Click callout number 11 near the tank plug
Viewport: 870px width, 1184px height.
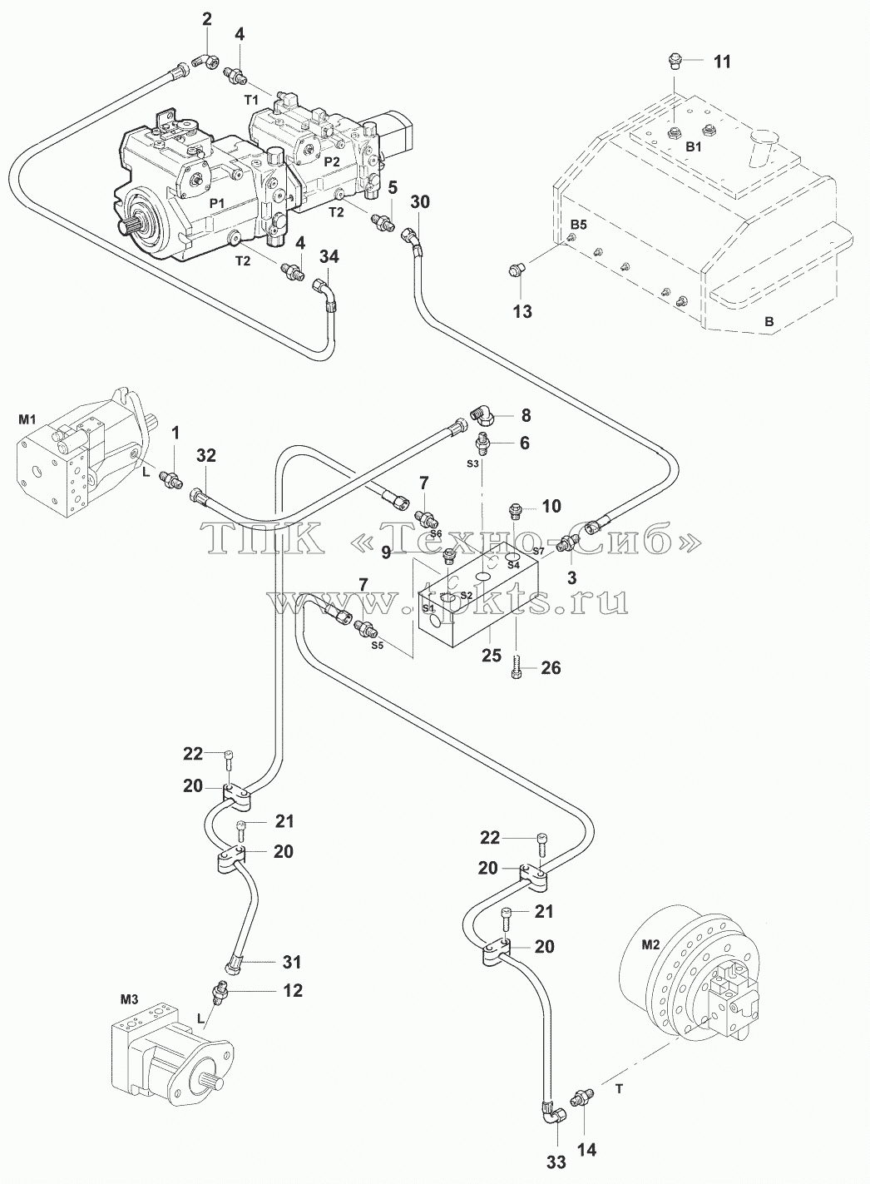pyautogui.click(x=722, y=62)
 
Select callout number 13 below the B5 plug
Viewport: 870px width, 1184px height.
pyautogui.click(x=522, y=311)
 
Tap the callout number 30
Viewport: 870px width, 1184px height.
pyautogui.click(x=420, y=202)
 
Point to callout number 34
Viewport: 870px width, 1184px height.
pyautogui.click(x=329, y=257)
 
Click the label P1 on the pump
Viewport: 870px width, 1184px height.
pyautogui.click(x=217, y=201)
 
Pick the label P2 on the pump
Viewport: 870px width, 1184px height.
pyautogui.click(x=332, y=161)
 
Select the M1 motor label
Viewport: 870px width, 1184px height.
pyautogui.click(x=27, y=419)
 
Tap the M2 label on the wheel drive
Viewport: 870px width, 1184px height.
pyautogui.click(x=650, y=945)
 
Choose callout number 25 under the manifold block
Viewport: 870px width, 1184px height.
pyautogui.click(x=492, y=656)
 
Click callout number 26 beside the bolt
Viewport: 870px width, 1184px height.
pyautogui.click(x=551, y=668)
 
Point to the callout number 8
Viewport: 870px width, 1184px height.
pyautogui.click(x=526, y=415)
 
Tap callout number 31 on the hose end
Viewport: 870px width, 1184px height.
pyautogui.click(x=291, y=962)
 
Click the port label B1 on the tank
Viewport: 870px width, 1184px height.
pyautogui.click(x=693, y=147)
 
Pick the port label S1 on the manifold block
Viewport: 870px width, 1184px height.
pyautogui.click(x=428, y=608)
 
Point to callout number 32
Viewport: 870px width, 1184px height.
pyautogui.click(x=206, y=455)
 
